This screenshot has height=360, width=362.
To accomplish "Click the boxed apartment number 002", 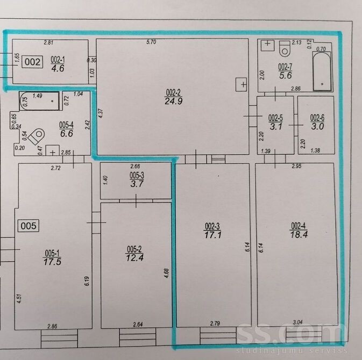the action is (32, 62).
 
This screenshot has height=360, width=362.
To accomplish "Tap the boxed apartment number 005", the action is (29, 226).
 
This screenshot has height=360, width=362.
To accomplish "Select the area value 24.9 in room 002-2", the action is (174, 101).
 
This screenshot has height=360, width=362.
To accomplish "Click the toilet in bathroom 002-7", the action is (285, 48).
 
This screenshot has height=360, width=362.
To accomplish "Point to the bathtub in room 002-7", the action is (322, 71).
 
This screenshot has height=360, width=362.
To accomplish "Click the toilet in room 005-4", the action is (37, 136).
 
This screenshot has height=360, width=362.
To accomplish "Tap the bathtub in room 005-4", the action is (39, 101).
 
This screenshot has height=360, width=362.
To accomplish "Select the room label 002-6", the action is (317, 118).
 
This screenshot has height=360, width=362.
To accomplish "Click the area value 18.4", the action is (299, 234).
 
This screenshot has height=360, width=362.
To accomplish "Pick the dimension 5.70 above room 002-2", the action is (151, 42).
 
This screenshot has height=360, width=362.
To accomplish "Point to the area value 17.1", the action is (213, 235).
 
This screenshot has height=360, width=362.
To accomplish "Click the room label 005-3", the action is (137, 176).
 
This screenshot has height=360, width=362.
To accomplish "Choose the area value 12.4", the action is (135, 257).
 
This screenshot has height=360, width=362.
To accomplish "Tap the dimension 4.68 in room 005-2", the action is (166, 273).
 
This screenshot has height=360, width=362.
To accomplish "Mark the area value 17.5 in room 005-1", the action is (52, 262).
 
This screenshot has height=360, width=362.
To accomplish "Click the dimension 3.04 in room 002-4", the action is (297, 322).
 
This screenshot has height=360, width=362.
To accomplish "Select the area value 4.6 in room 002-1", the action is (58, 68).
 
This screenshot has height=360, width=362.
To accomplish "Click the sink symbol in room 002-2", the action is (242, 85).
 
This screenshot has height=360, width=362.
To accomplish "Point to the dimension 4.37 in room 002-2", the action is (101, 113).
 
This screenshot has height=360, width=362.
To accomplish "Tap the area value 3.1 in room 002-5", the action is (275, 126).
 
